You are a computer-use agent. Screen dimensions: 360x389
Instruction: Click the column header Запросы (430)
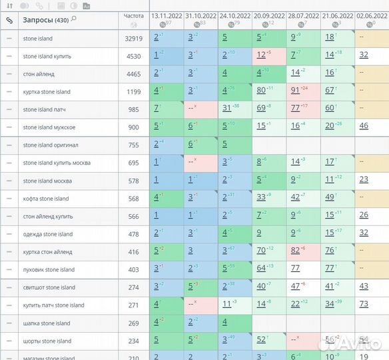coord(45,20)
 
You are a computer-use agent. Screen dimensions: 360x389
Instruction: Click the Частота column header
coord(133,15)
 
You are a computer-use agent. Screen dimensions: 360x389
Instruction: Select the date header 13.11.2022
coord(167,15)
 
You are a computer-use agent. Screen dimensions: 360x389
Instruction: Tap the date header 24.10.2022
coord(236,15)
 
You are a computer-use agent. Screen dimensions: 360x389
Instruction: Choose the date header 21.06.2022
coord(338,15)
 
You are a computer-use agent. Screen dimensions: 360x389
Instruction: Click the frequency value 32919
coord(134,39)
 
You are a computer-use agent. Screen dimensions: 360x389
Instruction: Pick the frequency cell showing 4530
coord(134,57)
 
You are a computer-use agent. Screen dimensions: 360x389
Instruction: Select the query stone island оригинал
coord(51,145)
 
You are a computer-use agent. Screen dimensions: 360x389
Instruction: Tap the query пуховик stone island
coord(49,270)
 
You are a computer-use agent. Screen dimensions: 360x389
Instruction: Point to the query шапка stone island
coord(46,323)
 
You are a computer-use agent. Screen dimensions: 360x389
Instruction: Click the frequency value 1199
coord(134,92)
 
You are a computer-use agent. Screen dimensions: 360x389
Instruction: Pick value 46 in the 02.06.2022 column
coord(363,126)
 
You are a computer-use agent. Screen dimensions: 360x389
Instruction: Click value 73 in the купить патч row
coord(363,304)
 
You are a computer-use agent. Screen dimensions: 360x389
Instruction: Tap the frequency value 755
coord(134,145)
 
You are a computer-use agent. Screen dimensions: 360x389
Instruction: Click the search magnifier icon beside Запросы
coord(73,19)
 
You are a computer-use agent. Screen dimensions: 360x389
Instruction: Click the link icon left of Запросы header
coord(9,20)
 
